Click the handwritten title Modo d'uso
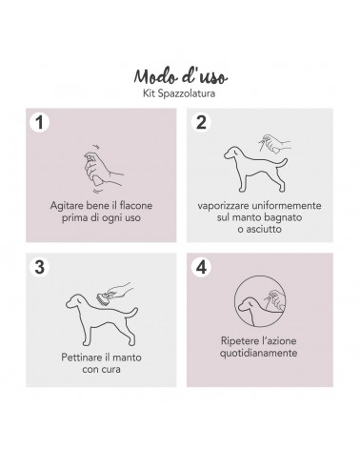tap(180, 76)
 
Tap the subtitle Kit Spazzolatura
tap(179, 93)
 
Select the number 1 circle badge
tap(39, 122)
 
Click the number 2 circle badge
tap(201, 122)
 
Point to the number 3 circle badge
tap(39, 267)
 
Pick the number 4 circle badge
tap(201, 267)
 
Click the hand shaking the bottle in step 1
tap(103, 169)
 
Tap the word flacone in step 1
tap(136, 206)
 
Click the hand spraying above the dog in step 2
tap(274, 144)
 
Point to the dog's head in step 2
tap(234, 153)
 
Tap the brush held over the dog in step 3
tap(103, 298)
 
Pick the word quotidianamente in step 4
tap(258, 353)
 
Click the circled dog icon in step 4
tap(260, 301)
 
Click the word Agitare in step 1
tap(66, 206)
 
